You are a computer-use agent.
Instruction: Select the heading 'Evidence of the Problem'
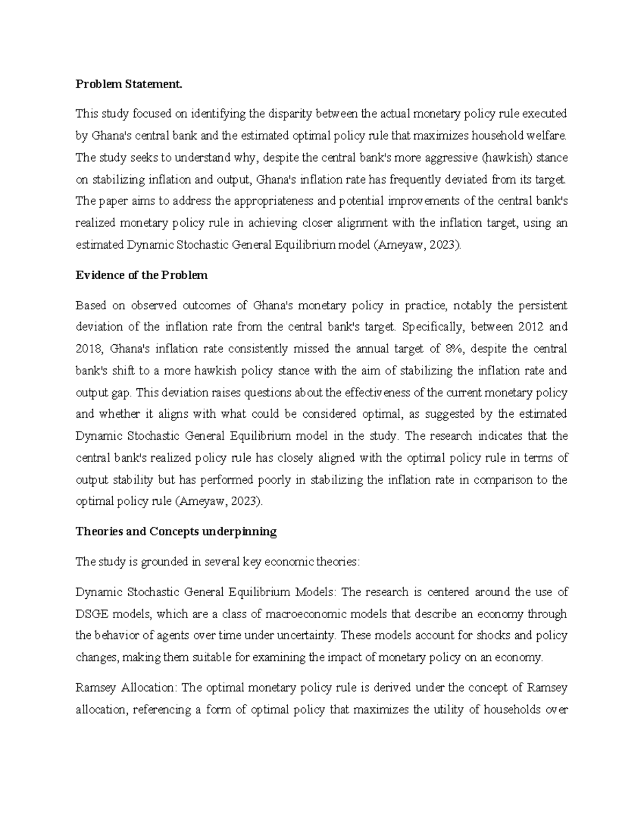tap(141, 275)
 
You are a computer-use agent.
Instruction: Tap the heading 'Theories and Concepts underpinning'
tap(176, 532)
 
